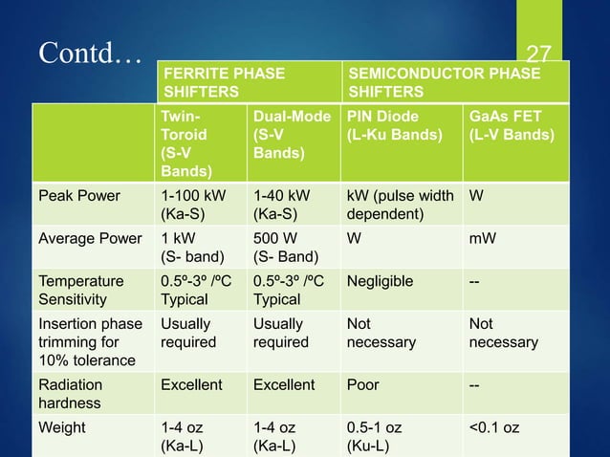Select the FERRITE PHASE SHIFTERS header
pyautogui.click(x=225, y=82)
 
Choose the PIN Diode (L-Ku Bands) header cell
pyautogui.click(x=394, y=125)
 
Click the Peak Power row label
pyautogui.click(x=79, y=196)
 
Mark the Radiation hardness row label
pyautogui.click(x=71, y=393)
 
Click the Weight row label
pyautogui.click(x=59, y=426)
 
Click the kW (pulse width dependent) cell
pyautogui.click(x=400, y=205)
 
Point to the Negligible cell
pyautogui.click(x=380, y=281)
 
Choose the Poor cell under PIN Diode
pyautogui.click(x=362, y=384)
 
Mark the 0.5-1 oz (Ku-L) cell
pyautogui.click(x=375, y=435)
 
